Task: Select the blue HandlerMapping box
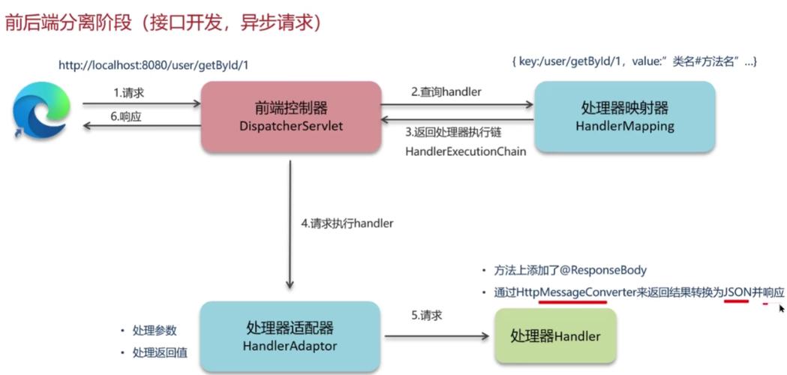[x=624, y=116]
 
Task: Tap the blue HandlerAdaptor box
[x=290, y=336]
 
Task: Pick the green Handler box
[x=555, y=335]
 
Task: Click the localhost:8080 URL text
[x=153, y=65]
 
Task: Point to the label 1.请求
[x=128, y=92]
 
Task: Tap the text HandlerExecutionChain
[x=465, y=151]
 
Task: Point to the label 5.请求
[x=426, y=315]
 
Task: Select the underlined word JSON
[x=737, y=292]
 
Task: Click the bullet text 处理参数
[x=155, y=330]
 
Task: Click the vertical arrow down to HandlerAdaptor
[x=290, y=225]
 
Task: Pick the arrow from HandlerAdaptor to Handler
[x=436, y=336]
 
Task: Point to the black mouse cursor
[x=782, y=307]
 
